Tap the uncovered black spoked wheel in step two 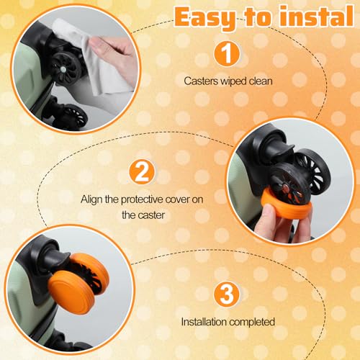[312, 169]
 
